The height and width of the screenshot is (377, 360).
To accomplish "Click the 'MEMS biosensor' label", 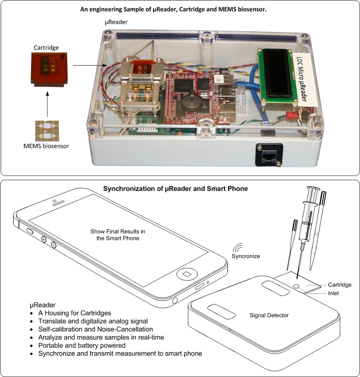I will [46, 146].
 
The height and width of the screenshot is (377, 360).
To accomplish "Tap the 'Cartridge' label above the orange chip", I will [46, 48].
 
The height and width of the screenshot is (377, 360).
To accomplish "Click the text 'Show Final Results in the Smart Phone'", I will [115, 235].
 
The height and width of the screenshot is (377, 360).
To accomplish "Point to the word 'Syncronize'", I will [246, 256].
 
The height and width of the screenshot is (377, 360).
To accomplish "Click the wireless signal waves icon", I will [238, 248].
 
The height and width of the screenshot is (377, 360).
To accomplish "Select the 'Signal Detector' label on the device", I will [269, 315].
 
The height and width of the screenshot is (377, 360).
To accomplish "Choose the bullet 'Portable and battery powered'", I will [82, 346].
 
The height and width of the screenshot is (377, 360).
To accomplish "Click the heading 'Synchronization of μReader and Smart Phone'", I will [176, 189].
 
